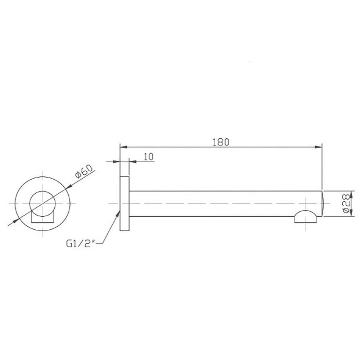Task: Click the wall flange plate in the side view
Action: pos(125,203)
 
